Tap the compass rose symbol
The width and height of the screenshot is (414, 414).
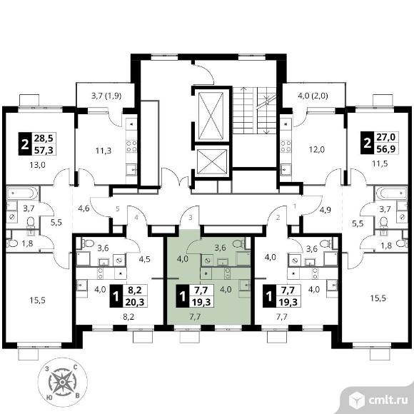pos(62,382)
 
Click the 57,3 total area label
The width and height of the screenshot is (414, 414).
pos(44,150)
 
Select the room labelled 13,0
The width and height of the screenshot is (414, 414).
pos(39,165)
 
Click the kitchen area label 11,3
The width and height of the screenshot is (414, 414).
pos(103,151)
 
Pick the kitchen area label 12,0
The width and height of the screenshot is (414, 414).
pos(317,150)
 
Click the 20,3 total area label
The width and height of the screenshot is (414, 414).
pos(135,301)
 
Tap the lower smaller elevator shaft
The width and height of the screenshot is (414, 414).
pos(212,162)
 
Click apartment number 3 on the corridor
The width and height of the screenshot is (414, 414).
pos(191,218)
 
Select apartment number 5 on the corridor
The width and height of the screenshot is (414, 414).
pos(118,209)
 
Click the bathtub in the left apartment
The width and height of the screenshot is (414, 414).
pos(22,193)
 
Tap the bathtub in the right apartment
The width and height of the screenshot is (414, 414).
pos(392,193)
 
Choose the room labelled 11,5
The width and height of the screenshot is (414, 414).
pos(380,163)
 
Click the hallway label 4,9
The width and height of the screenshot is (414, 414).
pos(325,210)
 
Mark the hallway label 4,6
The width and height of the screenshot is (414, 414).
pos(84,208)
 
